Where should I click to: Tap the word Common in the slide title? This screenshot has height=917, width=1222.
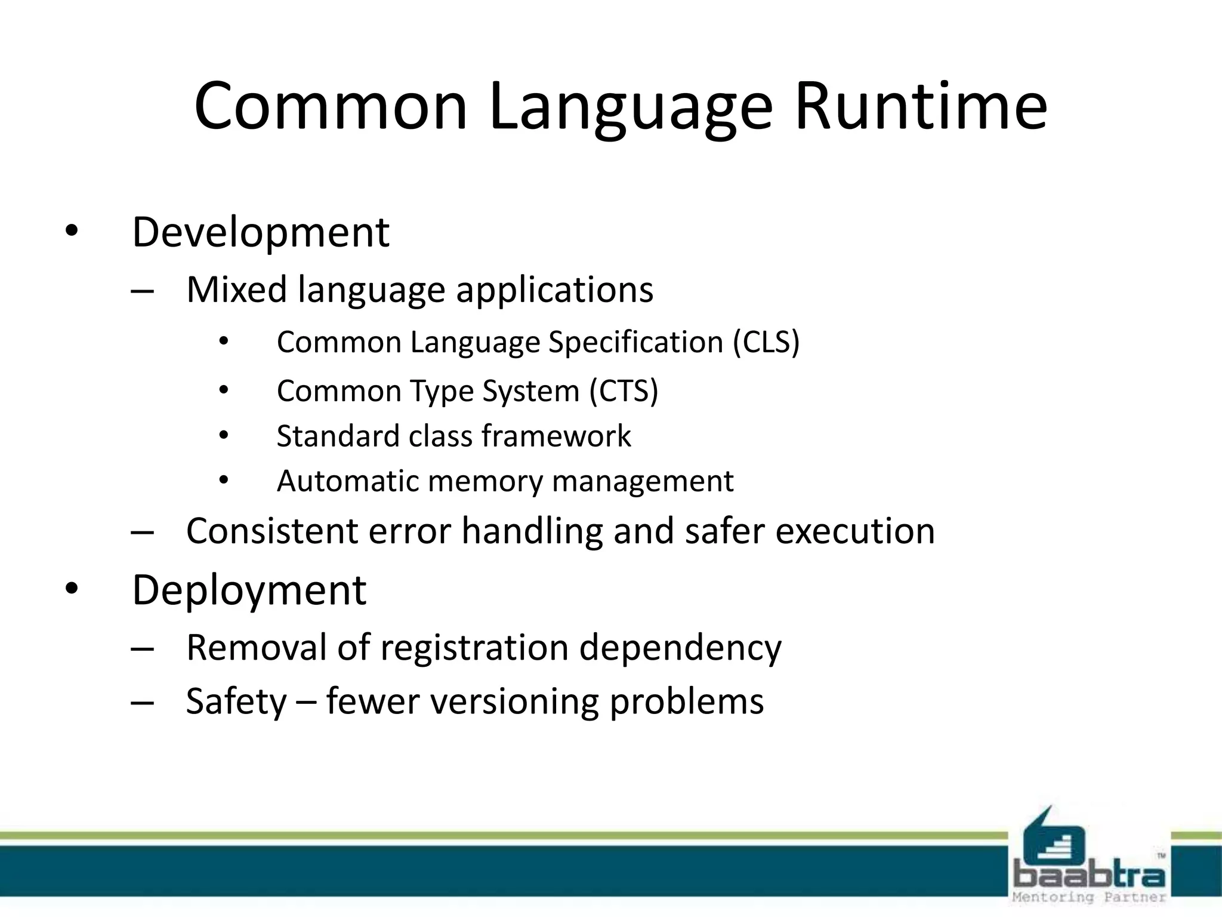click(x=331, y=106)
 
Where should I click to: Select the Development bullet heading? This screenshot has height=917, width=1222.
click(x=260, y=233)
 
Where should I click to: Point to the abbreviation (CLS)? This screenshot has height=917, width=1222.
click(x=766, y=343)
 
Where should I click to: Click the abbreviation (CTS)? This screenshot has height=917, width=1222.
click(x=624, y=392)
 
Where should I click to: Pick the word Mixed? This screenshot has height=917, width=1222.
click(x=237, y=290)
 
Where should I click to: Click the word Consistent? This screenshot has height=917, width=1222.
click(x=272, y=531)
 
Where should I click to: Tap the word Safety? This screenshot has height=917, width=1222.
click(x=236, y=702)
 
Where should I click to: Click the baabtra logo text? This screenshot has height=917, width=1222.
click(x=1089, y=875)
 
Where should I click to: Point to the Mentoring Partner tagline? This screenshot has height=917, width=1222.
click(x=1089, y=897)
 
